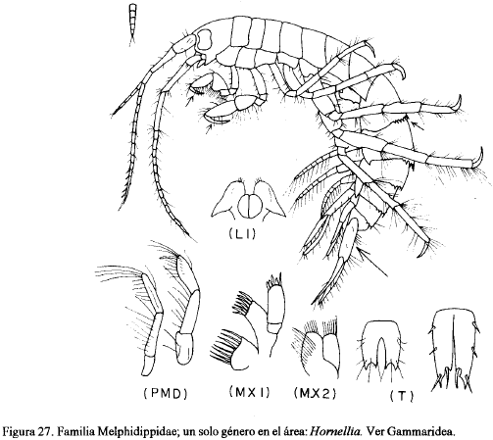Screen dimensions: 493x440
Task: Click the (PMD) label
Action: [x=166, y=395]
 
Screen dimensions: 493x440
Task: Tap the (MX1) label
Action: [x=250, y=392]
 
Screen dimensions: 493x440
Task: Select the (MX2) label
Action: [x=315, y=394]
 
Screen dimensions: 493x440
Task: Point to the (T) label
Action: [x=402, y=396]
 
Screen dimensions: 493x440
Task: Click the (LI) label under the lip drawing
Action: [x=242, y=234]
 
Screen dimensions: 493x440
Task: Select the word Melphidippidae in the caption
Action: [x=136, y=432]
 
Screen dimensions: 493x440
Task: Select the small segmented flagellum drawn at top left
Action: [x=132, y=23]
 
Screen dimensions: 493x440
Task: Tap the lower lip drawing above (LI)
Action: [x=249, y=199]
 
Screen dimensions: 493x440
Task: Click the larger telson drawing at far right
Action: [x=454, y=350]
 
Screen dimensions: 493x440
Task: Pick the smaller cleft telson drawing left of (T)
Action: [x=382, y=350]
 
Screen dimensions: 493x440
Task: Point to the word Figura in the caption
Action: [x=19, y=432]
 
